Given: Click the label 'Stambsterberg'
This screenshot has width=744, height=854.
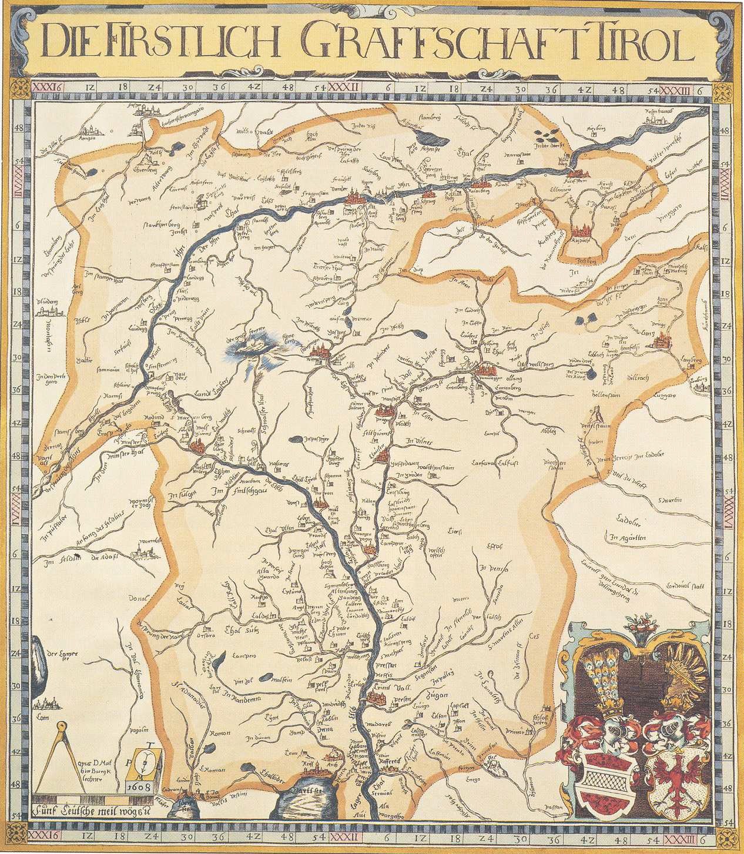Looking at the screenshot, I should tap(164, 224).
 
